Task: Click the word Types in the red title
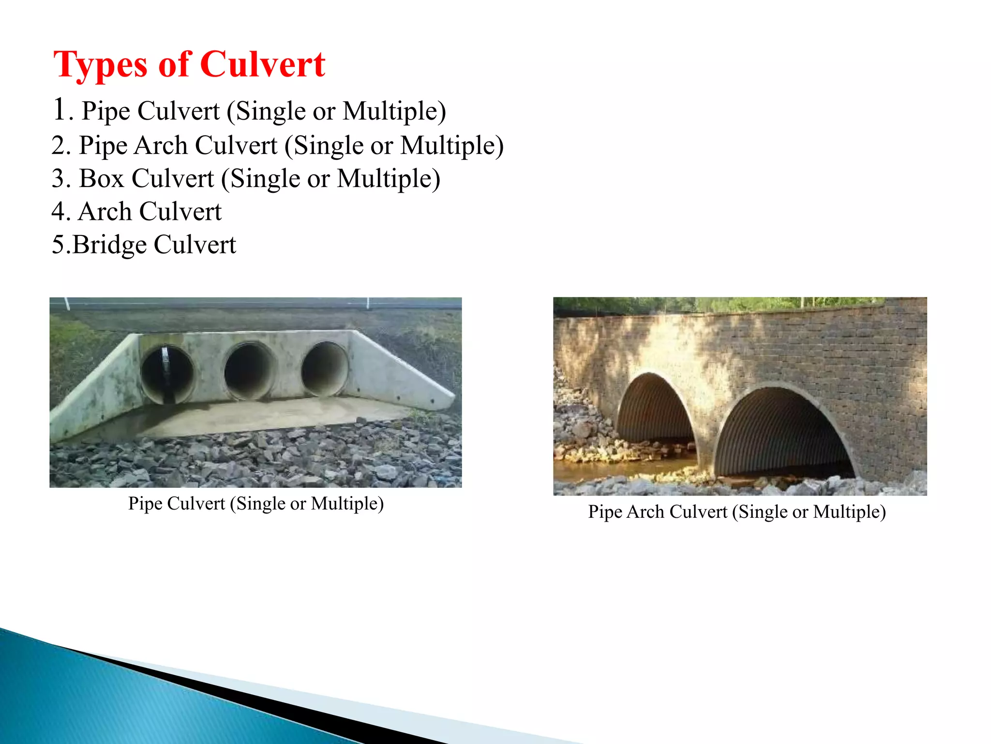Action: [100, 64]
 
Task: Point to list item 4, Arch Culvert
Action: [136, 212]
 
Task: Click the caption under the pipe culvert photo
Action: [255, 504]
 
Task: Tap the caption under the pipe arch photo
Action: [736, 512]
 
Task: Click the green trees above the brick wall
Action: [726, 305]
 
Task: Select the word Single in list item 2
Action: [329, 145]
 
